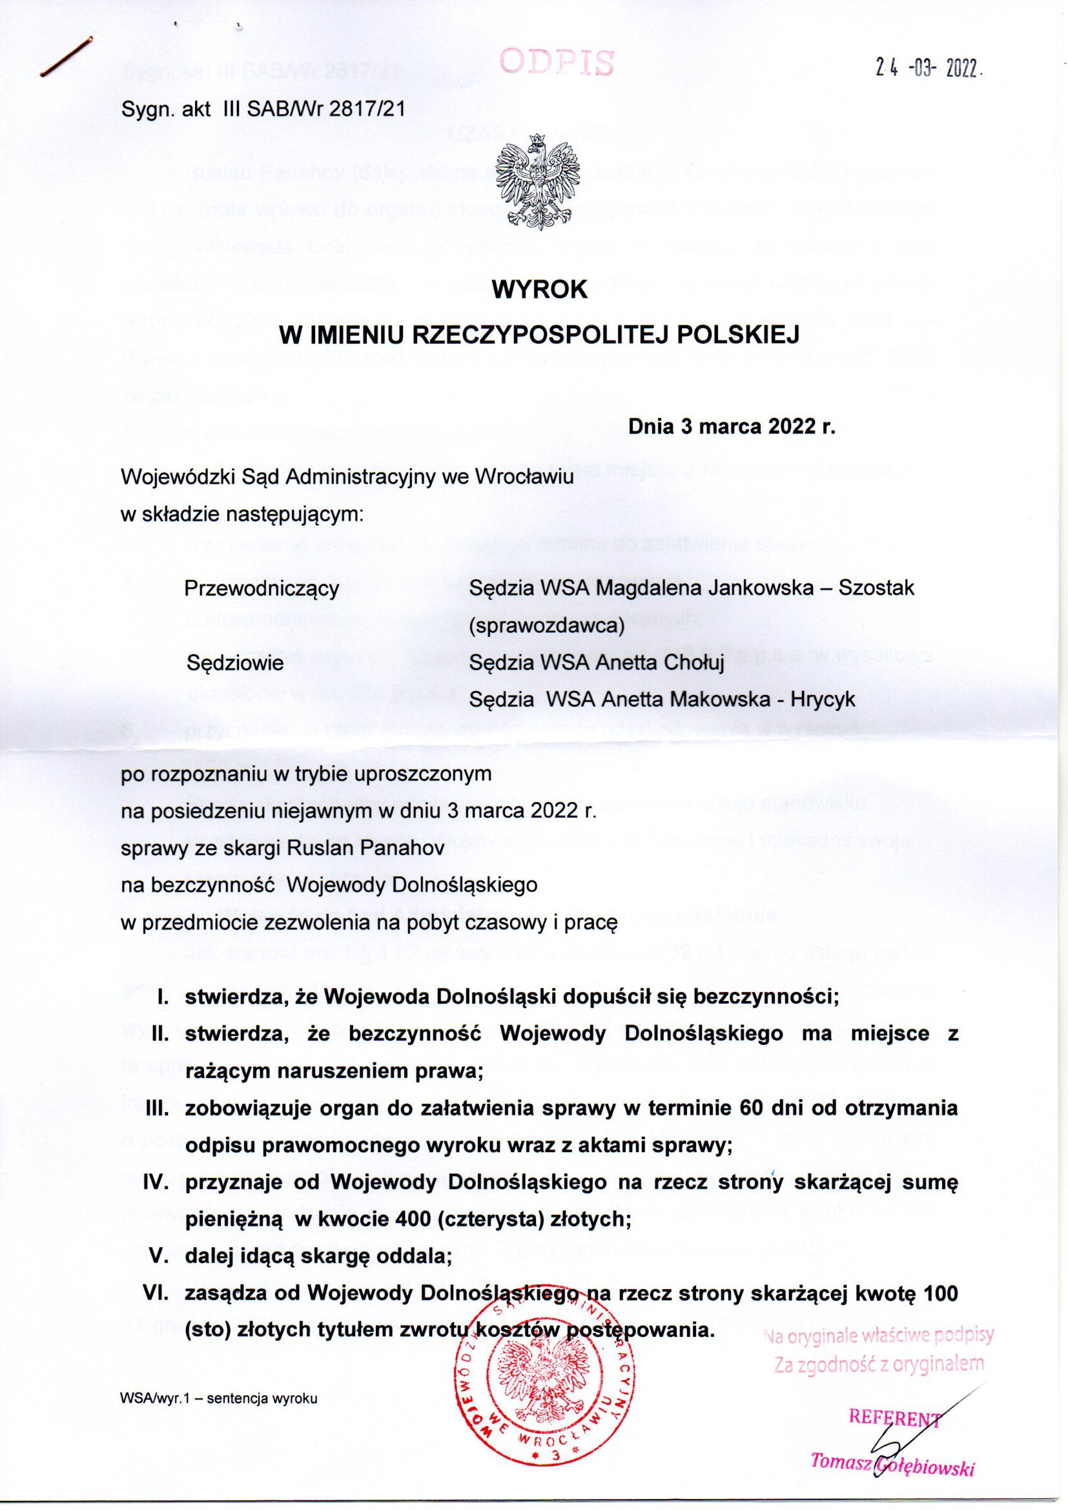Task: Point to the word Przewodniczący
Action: point(262,587)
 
